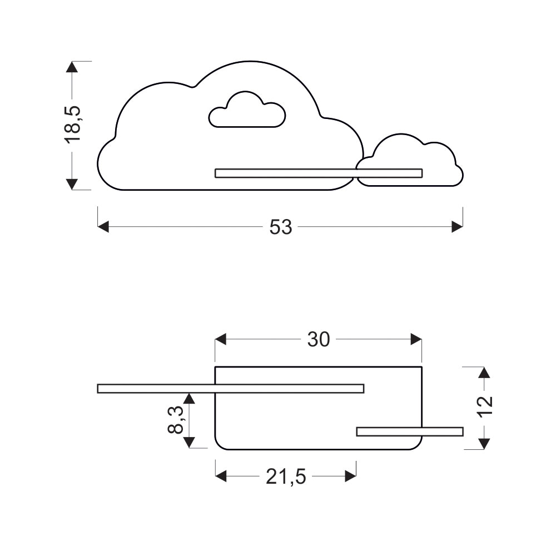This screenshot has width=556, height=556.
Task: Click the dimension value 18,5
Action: [73, 125]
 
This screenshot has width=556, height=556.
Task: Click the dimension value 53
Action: [280, 227]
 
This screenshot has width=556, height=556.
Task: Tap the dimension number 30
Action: [319, 339]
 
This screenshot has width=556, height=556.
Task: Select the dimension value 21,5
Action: [286, 477]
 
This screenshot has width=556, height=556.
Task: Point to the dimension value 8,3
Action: [176, 420]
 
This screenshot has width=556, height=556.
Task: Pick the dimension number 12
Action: [484, 407]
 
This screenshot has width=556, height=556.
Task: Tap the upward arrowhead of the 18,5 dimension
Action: [72, 67]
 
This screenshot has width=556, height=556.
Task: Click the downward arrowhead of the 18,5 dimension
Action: [72, 184]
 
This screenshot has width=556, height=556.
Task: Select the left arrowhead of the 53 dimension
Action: [103, 227]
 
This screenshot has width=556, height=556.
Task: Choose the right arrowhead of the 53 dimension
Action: [457, 227]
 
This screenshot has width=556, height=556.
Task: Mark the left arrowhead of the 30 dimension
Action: [221, 339]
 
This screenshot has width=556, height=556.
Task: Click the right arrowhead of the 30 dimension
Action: [416, 339]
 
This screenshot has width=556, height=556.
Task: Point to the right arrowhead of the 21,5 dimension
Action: [351, 476]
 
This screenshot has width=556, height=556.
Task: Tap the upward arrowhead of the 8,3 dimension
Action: [190, 399]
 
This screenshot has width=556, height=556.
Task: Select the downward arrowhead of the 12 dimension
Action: [484, 444]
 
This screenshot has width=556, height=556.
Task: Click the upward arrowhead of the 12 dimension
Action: [484, 373]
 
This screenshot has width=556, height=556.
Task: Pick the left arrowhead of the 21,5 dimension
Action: [221, 476]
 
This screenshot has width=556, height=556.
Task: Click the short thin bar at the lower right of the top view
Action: [410, 431]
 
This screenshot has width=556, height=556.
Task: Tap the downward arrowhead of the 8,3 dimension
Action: [190, 443]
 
